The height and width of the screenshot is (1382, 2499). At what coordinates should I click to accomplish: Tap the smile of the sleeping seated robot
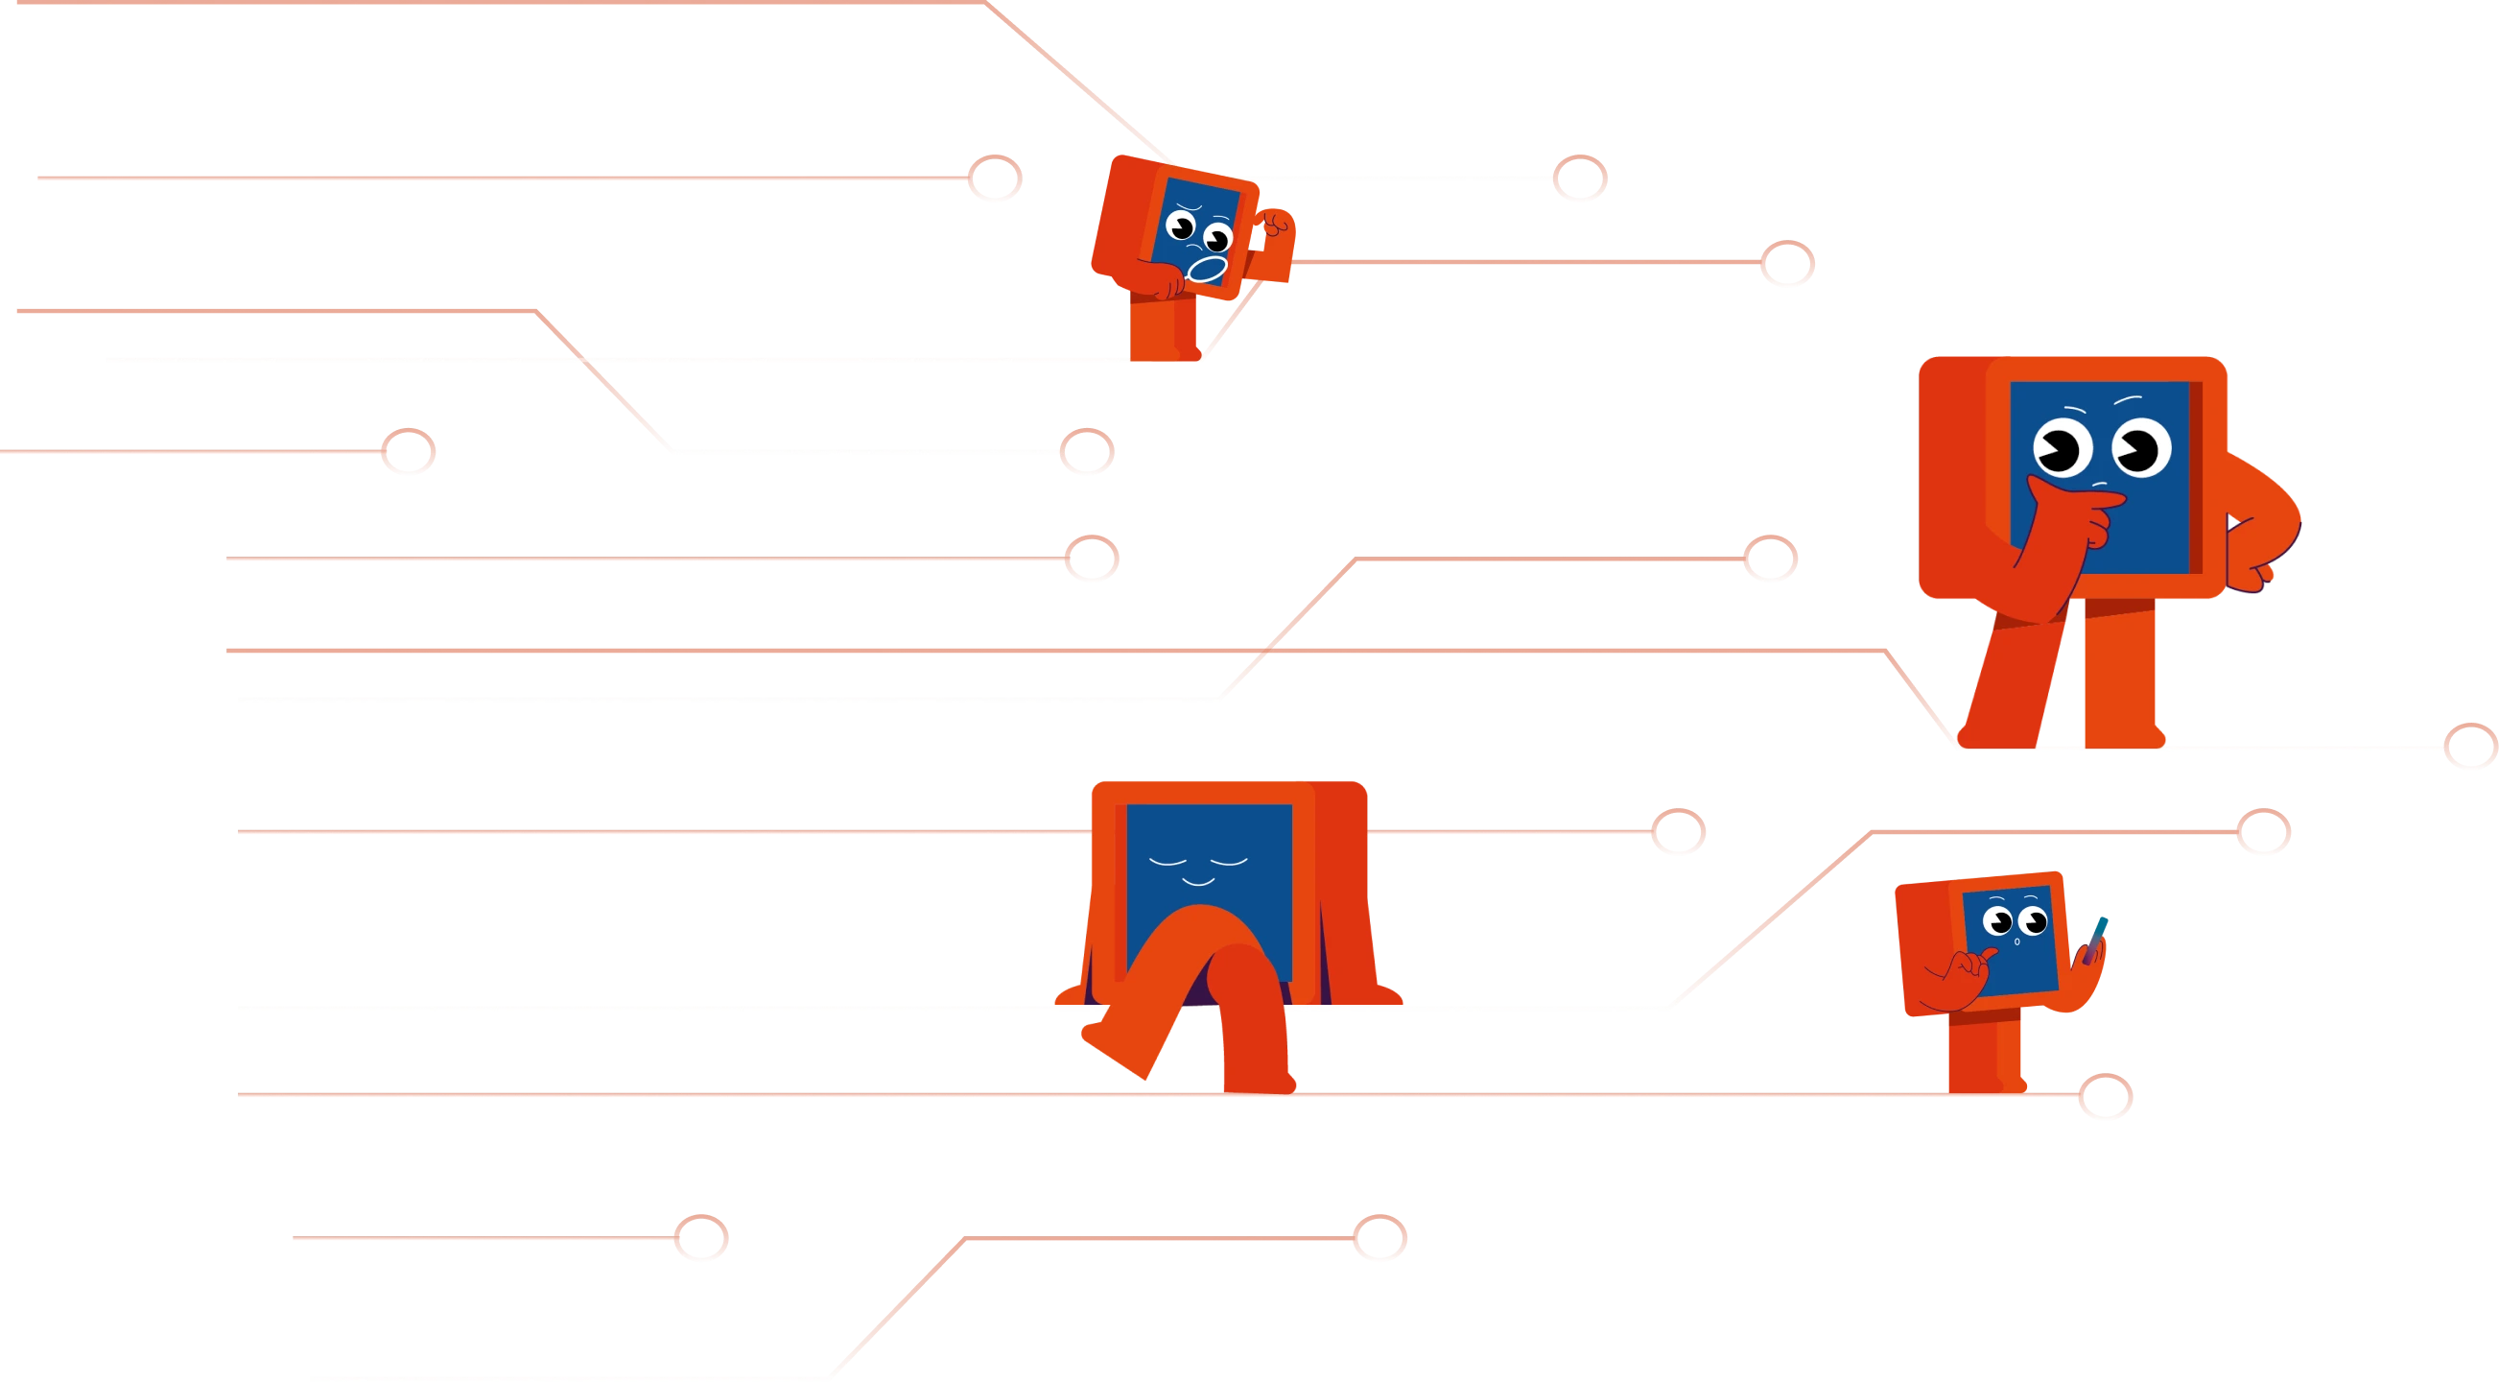tap(1198, 881)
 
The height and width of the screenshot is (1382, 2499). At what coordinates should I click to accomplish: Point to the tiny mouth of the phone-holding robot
tap(2017, 942)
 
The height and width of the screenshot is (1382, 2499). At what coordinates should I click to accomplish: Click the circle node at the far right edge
tap(2469, 747)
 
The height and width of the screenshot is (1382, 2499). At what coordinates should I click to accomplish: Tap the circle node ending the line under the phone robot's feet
tap(2104, 1097)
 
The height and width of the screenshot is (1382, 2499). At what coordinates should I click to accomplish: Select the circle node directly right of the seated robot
tap(1679, 833)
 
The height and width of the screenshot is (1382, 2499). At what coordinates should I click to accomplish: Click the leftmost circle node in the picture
tap(407, 449)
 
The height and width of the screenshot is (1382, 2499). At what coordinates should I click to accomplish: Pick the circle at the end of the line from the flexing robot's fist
tap(1787, 263)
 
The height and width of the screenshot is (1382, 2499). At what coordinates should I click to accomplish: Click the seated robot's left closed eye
tap(1167, 861)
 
